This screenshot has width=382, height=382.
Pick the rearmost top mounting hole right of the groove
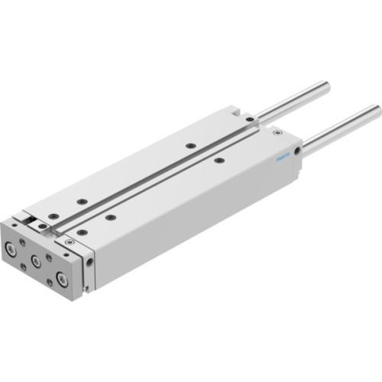pyautogui.click(x=219, y=160)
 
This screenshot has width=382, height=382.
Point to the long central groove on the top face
pyautogui.click(x=153, y=183)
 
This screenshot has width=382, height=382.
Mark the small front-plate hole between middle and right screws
pyautogui.click(x=48, y=257)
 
